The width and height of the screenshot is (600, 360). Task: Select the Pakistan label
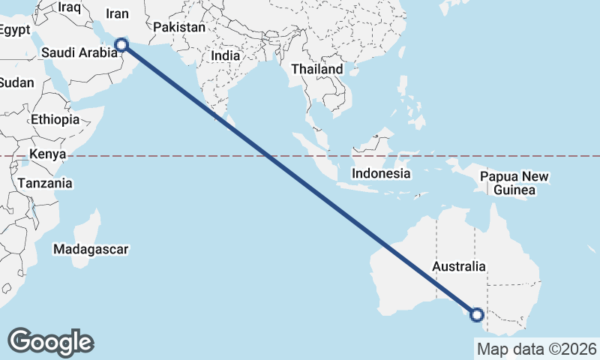[x=178, y=28]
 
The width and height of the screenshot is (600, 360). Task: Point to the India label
[x=226, y=55]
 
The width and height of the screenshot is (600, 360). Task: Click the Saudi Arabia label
[x=79, y=52]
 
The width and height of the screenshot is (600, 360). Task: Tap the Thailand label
[x=317, y=69]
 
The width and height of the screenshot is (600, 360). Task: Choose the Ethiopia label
[x=55, y=119]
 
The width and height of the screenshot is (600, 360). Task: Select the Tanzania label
[x=45, y=183]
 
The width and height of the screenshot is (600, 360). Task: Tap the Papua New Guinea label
[x=514, y=184]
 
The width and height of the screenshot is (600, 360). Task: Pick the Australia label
[x=459, y=266]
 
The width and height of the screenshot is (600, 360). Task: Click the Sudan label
[x=16, y=82]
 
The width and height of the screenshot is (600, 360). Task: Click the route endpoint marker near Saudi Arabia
[x=122, y=45]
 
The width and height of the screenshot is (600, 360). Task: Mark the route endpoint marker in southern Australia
[x=476, y=314]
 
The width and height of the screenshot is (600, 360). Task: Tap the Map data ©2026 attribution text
[x=536, y=349]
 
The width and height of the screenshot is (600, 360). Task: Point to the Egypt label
[x=14, y=31]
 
